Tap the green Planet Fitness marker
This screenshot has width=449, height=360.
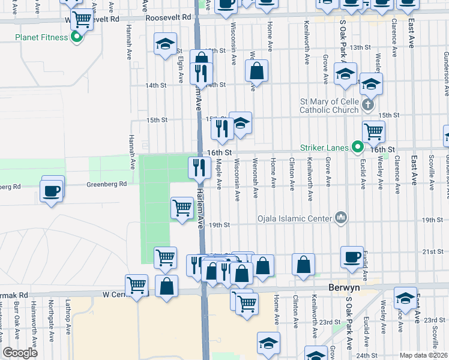(76, 37)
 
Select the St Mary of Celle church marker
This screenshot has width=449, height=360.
(368, 106)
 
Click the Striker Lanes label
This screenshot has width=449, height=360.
(326, 146)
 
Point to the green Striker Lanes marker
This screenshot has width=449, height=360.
(358, 146)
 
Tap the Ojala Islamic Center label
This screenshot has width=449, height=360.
(297, 218)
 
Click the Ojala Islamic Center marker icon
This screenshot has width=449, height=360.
(341, 217)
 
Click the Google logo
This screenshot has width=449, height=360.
(20, 353)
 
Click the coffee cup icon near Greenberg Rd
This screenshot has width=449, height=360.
(51, 191)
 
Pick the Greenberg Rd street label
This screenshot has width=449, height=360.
(106, 184)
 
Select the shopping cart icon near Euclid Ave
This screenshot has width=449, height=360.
(373, 130)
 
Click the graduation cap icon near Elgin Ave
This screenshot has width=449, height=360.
(164, 44)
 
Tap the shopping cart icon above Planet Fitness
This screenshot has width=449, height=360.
(81, 19)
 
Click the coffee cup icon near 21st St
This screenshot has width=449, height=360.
(352, 256)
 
